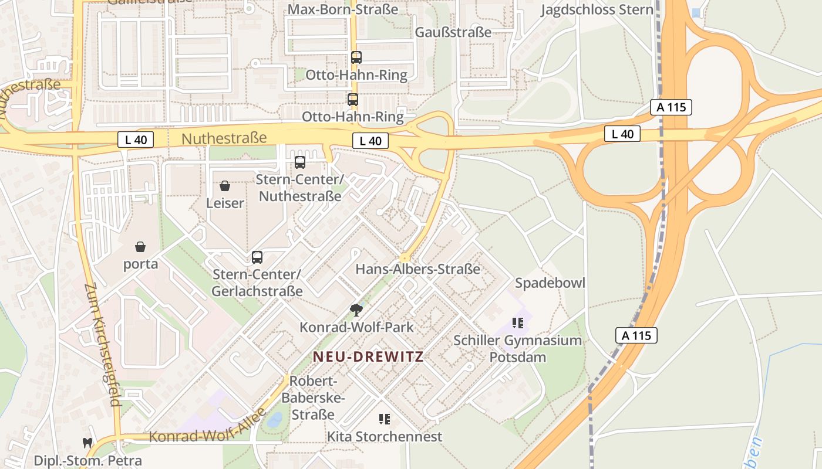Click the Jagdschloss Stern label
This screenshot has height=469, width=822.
click(x=597, y=10)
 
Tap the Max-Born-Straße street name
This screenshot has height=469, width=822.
click(x=343, y=10)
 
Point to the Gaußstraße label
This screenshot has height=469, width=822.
click(x=453, y=32)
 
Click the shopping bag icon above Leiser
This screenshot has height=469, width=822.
click(x=224, y=186)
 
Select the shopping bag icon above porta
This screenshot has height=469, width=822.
click(x=140, y=247)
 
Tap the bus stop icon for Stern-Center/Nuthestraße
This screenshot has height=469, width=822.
click(x=300, y=162)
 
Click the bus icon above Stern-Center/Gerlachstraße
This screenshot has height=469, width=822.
click(x=257, y=257)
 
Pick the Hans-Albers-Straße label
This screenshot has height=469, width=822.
click(x=418, y=269)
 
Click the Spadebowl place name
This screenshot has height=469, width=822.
click(x=550, y=283)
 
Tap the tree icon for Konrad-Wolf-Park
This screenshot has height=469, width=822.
click(x=355, y=310)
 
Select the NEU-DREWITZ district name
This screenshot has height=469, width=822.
click(x=368, y=356)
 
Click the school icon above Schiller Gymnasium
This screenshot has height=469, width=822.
click(x=517, y=322)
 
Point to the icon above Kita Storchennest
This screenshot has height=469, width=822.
click(x=385, y=419)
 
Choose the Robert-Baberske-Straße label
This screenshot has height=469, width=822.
click(x=314, y=398)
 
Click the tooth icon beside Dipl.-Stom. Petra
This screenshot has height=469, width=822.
click(x=87, y=443)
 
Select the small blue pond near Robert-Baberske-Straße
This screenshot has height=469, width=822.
click(x=274, y=420)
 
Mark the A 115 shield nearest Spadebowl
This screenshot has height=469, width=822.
click(x=636, y=336)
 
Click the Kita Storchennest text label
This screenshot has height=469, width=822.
click(x=385, y=437)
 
